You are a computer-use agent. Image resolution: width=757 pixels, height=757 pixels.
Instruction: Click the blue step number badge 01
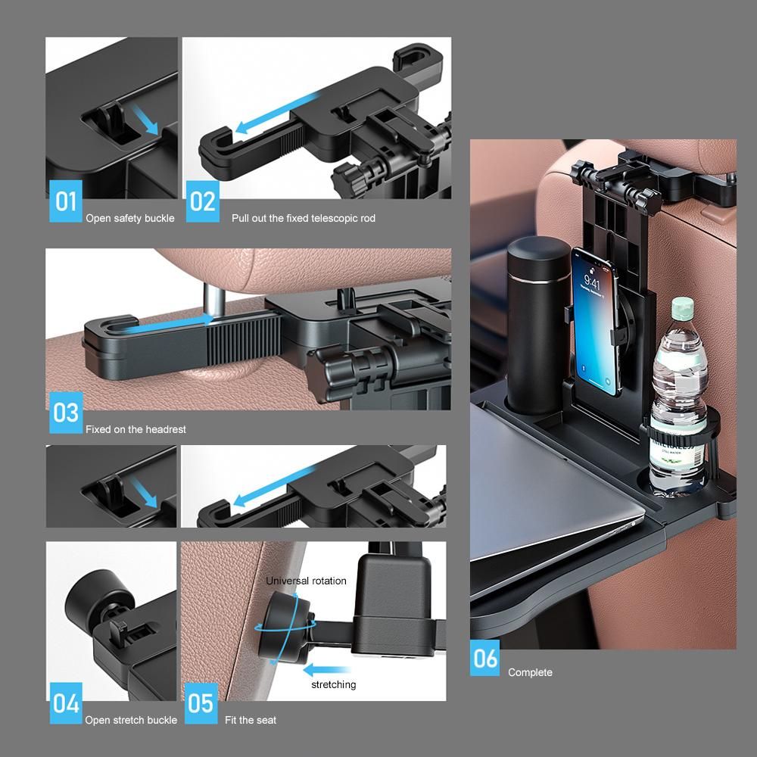pos(66,201)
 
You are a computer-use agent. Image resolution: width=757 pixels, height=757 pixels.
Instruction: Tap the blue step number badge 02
pos(202,201)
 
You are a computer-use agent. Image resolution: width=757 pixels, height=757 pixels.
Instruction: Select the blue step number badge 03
pos(66,413)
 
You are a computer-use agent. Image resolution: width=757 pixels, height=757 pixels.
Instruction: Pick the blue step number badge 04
pos(66,703)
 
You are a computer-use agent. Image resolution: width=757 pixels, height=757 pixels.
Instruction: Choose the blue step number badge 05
pos(201,703)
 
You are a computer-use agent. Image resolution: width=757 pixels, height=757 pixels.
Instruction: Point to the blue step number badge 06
pos(484,658)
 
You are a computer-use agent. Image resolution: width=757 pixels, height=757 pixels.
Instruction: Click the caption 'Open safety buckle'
pos(130,218)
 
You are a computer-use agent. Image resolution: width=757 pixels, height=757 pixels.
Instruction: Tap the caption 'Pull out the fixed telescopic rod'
pos(304,218)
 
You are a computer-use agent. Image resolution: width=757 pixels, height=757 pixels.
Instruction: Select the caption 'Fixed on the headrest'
pos(136,429)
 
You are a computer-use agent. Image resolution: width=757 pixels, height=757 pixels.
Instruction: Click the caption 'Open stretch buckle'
pos(131,720)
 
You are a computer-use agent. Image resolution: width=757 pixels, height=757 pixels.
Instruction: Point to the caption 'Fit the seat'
pos(251,720)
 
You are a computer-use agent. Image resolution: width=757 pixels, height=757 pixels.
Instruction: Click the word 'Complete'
pos(530,672)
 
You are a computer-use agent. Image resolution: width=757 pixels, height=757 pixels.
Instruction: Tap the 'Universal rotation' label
pos(306,581)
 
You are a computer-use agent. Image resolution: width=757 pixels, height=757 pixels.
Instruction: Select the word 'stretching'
pos(334,684)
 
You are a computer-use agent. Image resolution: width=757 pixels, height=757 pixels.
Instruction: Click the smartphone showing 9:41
pos(595,321)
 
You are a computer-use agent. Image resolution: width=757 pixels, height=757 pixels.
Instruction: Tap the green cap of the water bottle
pos(683,307)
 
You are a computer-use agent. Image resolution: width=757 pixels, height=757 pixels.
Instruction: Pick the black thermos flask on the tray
pos(537,325)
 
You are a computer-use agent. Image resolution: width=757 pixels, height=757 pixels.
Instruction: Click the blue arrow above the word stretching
pos(326,670)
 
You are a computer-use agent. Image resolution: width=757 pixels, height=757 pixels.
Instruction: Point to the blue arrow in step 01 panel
pos(145,120)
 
